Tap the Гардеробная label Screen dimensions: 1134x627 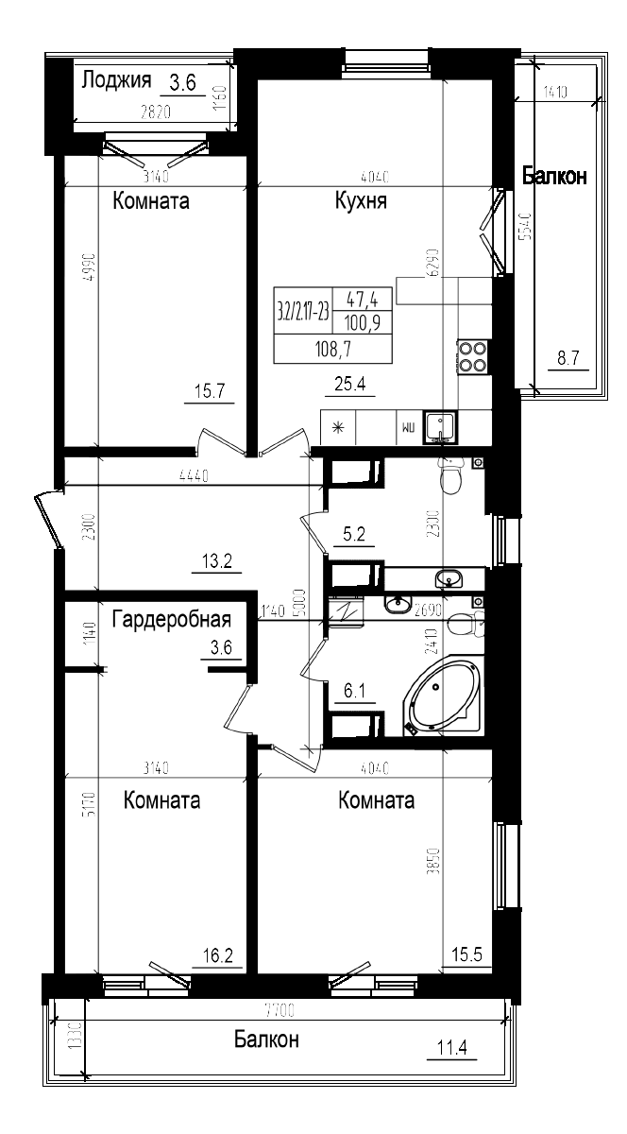pyautogui.click(x=172, y=620)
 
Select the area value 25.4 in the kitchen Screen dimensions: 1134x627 pyautogui.click(x=349, y=383)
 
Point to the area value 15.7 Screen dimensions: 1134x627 pyautogui.click(x=207, y=389)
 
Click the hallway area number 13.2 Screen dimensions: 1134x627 pyautogui.click(x=218, y=562)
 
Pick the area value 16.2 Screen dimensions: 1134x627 pyautogui.click(x=218, y=956)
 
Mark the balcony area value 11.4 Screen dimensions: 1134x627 pyautogui.click(x=452, y=1047)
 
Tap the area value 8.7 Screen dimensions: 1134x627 pyautogui.click(x=568, y=357)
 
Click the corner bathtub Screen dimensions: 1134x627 pyautogui.click(x=443, y=697)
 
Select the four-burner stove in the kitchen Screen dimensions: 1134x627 pyautogui.click(x=472, y=356)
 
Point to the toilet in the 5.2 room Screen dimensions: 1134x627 pyautogui.click(x=451, y=478)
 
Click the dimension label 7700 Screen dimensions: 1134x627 pyautogui.click(x=280, y=1011)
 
